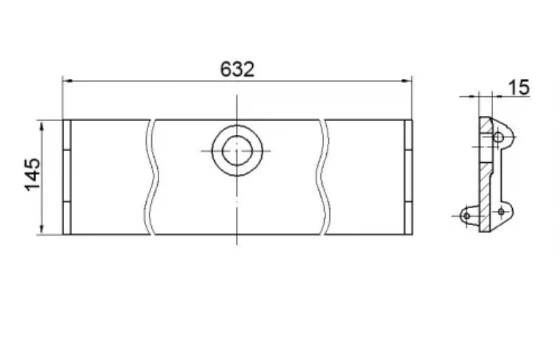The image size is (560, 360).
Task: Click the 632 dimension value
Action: coord(237,69)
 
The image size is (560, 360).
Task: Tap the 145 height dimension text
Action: coord(33,175)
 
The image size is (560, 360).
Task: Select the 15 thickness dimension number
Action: coord(518,88)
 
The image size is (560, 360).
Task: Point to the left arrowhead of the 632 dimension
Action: coord(67,81)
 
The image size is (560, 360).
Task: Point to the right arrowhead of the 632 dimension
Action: coord(407,81)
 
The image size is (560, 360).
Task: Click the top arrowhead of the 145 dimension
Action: coord(42,126)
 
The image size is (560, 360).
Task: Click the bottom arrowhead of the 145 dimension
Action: coord(42,229)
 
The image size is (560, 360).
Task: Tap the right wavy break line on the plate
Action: coord(322,177)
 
